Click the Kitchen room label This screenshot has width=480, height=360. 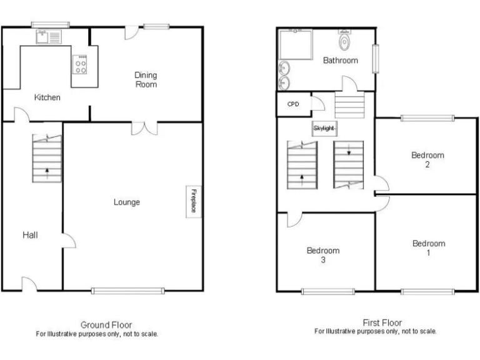[47, 97]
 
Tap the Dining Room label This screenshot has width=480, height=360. [146, 79]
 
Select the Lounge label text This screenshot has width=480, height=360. [126, 202]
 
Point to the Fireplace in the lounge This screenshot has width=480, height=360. [192, 201]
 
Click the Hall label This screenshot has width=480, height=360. [30, 235]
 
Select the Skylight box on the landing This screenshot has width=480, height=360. [324, 128]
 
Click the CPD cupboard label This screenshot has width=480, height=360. [292, 104]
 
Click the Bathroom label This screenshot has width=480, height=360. [340, 61]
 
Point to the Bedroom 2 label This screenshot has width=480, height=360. [427, 160]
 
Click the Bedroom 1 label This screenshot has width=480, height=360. [429, 248]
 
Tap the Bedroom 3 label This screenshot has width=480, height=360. [323, 255]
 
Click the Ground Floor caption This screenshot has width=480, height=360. [106, 324]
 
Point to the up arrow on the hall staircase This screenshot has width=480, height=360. [47, 170]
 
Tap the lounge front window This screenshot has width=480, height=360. [127, 290]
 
